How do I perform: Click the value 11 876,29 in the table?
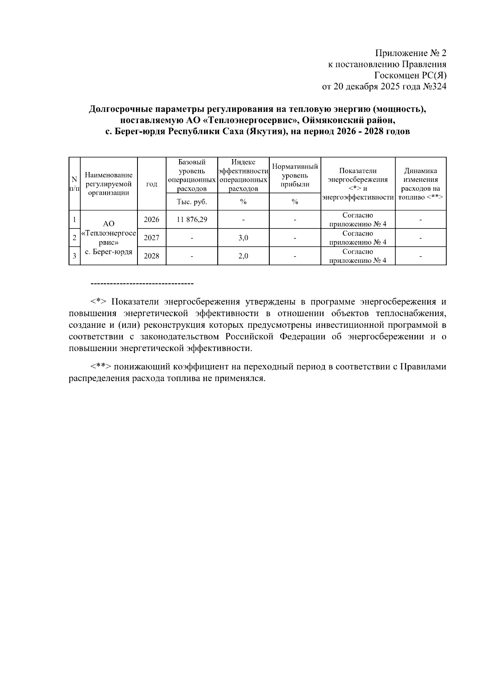click(192, 220)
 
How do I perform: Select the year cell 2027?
click(152, 238)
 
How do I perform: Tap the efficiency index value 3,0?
click(243, 238)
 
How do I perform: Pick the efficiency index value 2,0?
click(243, 256)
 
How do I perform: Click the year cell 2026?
click(152, 220)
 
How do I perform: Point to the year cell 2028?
click(152, 256)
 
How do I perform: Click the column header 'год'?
click(152, 184)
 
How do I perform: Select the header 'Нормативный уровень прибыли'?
click(295, 176)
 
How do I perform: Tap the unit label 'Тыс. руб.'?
click(192, 202)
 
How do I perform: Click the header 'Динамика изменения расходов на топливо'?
click(420, 184)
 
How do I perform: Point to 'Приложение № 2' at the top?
click(410, 53)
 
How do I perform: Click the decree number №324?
click(435, 87)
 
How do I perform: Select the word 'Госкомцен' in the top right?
click(394, 75)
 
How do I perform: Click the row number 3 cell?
click(74, 256)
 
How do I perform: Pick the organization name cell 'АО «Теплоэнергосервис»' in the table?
click(109, 238)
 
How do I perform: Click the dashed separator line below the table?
click(142, 284)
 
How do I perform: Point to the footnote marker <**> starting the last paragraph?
click(101, 367)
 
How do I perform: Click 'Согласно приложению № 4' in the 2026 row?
click(358, 220)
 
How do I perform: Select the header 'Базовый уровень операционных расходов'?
click(192, 175)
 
